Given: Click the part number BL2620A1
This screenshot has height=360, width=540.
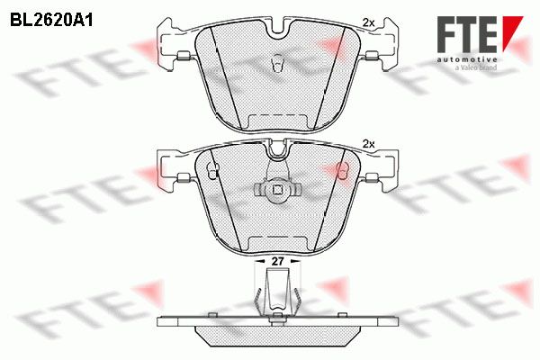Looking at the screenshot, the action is [x=51, y=21].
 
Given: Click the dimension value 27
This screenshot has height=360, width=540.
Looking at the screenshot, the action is [x=277, y=262].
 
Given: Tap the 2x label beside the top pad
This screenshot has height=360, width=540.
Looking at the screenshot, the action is [x=368, y=22].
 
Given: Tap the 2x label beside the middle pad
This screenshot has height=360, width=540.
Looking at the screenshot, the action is [x=368, y=144].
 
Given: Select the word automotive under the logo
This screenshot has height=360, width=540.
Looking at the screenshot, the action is [x=466, y=59].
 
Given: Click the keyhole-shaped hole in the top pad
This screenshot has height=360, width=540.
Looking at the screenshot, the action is [x=277, y=63].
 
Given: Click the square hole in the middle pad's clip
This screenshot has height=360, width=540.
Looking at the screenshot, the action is [x=277, y=190].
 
